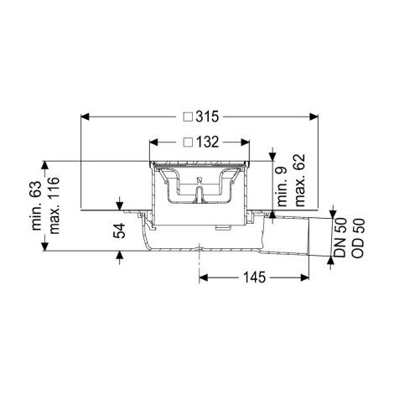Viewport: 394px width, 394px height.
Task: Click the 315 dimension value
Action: [207, 117]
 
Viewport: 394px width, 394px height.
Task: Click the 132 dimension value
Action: [207, 143]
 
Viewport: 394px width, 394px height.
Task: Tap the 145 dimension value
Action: [254, 277]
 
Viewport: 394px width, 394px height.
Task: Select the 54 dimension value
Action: [119, 231]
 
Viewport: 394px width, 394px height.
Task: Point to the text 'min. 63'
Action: [36, 205]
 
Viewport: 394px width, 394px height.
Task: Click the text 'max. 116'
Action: [54, 205]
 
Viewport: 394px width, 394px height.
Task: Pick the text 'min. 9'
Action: [283, 187]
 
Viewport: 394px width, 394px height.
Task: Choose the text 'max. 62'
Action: [299, 180]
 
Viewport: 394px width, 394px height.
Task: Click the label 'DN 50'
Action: [340, 237]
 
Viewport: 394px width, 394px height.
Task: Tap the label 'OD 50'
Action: [358, 237]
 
